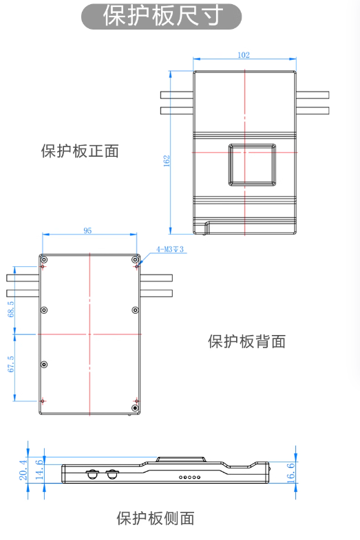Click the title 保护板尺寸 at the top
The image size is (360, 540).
[x=161, y=16]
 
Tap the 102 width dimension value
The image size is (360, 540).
[x=244, y=55]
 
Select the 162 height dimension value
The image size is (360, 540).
[x=167, y=161]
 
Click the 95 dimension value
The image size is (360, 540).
[x=87, y=230]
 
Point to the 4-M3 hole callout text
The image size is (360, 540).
[x=170, y=249]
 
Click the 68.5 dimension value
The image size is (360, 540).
[x=11, y=309]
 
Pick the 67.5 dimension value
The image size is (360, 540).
[x=11, y=364]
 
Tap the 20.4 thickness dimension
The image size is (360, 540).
[x=23, y=470]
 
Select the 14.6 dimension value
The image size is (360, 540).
[x=39, y=469]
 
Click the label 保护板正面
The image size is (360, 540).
[x=80, y=151]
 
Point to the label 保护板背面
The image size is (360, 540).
[x=246, y=341]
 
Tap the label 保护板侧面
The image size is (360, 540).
[x=156, y=518]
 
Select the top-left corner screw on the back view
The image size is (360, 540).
[x=44, y=259]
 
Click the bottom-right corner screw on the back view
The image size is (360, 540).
[x=136, y=408]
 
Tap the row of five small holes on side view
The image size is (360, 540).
[x=189, y=477]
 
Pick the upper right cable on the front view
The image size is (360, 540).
[x=313, y=95]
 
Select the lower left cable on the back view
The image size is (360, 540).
[x=23, y=294]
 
